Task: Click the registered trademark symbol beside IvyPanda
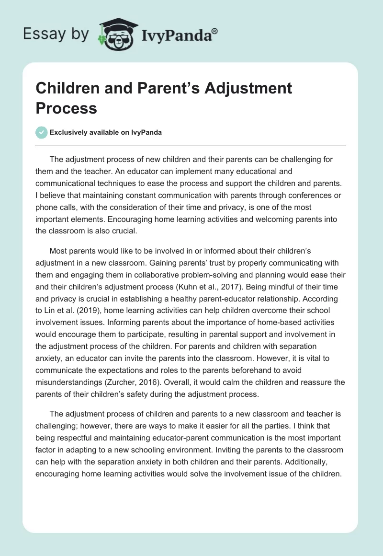[x=215, y=31]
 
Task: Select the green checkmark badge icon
[x=41, y=133]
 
